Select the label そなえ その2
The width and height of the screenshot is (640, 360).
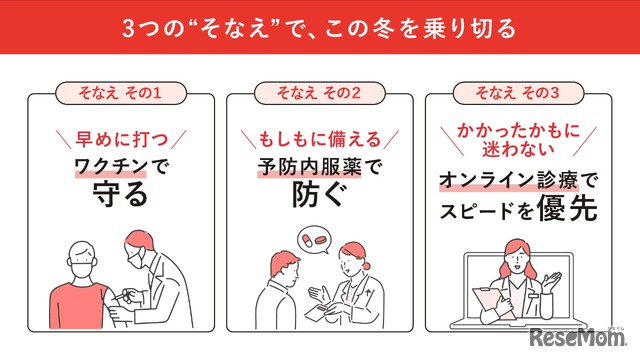[x=319, y=94]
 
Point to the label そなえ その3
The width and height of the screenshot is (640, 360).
[x=519, y=94]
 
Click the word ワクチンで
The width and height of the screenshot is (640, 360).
[x=120, y=166]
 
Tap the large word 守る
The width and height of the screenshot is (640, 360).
[x=120, y=195]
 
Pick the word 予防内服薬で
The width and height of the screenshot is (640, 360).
[x=320, y=166]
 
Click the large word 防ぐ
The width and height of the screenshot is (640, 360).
[x=320, y=195]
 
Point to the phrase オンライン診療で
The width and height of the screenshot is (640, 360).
[x=520, y=181]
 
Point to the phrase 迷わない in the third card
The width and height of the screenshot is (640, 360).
[x=520, y=148]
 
